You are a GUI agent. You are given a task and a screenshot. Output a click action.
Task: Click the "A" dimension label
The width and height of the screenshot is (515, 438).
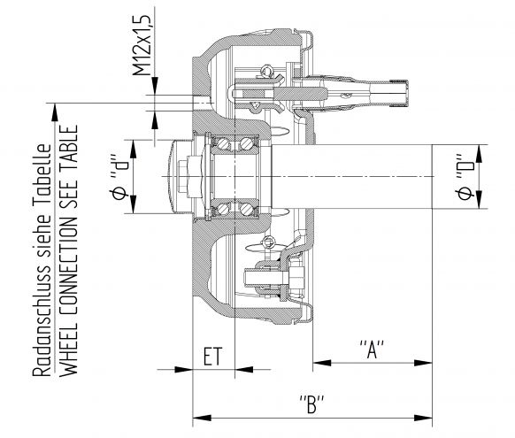[x=372, y=348]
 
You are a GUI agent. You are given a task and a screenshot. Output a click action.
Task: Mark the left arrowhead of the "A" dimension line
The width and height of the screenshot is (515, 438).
[x=316, y=361]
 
